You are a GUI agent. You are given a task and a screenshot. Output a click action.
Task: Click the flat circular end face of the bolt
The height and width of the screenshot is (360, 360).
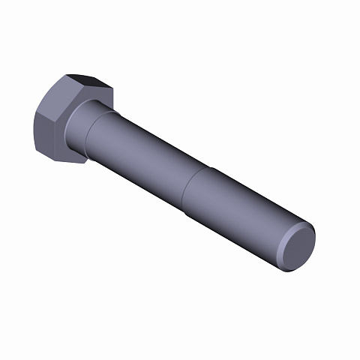(x=299, y=247)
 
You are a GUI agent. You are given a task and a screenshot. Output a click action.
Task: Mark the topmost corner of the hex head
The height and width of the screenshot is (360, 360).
(x=67, y=74)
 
